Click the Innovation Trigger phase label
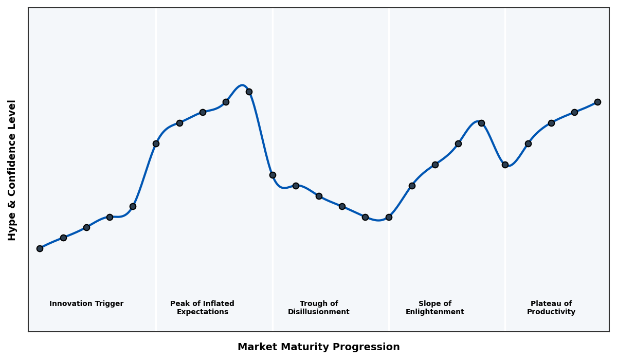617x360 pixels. (x=86, y=304)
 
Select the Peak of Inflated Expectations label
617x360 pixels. (x=202, y=308)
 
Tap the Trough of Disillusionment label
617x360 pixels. (x=318, y=308)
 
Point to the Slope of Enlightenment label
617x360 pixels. (x=434, y=308)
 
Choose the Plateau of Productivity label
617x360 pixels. (x=551, y=308)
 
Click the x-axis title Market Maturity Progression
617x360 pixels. (x=318, y=347)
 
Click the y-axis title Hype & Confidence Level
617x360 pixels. (x=12, y=170)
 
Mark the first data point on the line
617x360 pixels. (x=40, y=248)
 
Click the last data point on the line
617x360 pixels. (x=597, y=102)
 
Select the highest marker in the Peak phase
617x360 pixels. (x=249, y=92)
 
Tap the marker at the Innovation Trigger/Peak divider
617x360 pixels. (x=156, y=143)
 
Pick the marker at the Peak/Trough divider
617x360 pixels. (x=273, y=175)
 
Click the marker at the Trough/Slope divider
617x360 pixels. (x=389, y=217)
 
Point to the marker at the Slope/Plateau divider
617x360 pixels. (x=505, y=165)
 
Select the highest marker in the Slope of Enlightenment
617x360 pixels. (x=481, y=123)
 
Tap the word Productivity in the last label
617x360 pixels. (x=551, y=312)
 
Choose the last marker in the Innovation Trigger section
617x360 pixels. (x=133, y=206)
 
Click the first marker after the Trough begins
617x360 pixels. (x=296, y=186)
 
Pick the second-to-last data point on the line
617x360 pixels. (x=574, y=112)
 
